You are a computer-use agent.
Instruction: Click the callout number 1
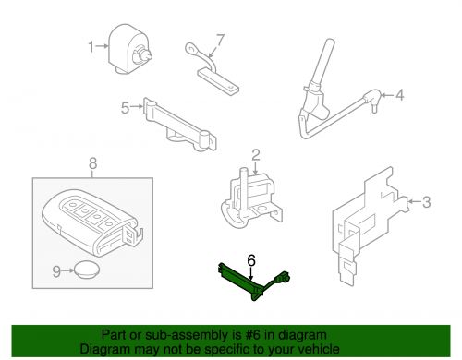pyautogui.click(x=91, y=45)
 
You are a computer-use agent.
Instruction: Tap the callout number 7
pyautogui.click(x=220, y=41)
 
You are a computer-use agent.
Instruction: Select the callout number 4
pyautogui.click(x=401, y=94)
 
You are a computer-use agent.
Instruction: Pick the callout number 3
pyautogui.click(x=426, y=200)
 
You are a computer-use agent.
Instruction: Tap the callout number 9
pyautogui.click(x=55, y=270)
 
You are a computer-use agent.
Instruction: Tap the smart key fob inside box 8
pyautogui.click(x=87, y=220)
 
